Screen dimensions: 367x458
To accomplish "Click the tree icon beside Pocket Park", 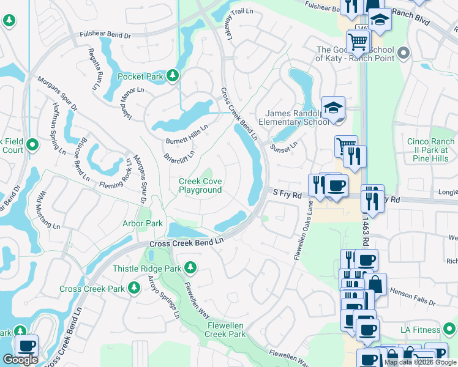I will coord(173,75).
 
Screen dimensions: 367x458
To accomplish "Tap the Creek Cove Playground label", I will coord(200,185).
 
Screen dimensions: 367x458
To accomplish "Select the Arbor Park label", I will coord(143,223).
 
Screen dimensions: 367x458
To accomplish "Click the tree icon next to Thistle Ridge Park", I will coord(190,267).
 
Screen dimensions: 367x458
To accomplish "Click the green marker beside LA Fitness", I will coord(451,330).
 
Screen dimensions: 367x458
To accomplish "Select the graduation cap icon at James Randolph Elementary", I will coord(333,108).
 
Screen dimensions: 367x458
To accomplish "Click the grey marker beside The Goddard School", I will coord(403,54).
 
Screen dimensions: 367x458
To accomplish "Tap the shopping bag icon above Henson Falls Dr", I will coord(375,284).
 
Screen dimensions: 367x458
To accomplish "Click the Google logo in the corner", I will coord(20,360).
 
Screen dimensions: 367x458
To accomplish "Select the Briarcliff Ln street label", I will coord(179,155).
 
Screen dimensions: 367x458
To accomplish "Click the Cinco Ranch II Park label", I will coord(427,149).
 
